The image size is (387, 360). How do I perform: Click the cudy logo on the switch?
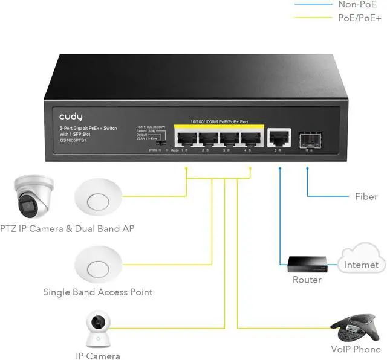(71, 116)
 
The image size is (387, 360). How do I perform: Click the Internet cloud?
(361, 260)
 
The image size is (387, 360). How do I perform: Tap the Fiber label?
(366, 196)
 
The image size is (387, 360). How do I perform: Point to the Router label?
(307, 280)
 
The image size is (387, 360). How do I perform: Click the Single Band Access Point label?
(97, 292)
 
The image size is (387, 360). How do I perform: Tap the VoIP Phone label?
(356, 349)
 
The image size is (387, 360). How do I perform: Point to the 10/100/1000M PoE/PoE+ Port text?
(218, 121)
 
